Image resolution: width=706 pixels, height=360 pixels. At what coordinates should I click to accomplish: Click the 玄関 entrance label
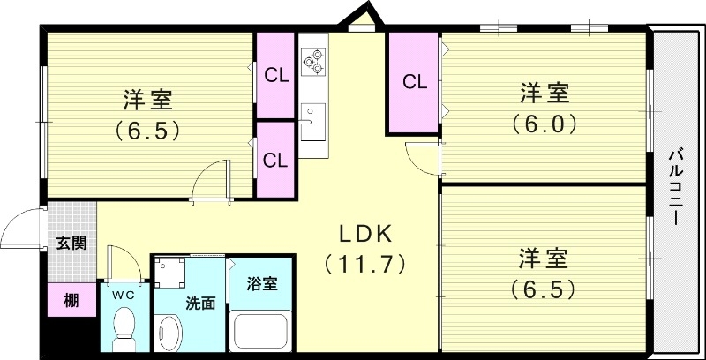(x=71, y=244)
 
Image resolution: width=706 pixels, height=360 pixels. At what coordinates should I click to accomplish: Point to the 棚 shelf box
(x=71, y=300)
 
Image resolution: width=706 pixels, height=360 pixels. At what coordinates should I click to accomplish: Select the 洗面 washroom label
(x=200, y=304)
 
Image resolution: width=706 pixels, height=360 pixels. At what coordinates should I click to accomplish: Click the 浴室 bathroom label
(x=261, y=284)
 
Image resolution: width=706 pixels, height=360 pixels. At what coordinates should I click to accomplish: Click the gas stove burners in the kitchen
(x=312, y=59)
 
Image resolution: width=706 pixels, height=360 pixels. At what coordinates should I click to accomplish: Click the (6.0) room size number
(x=544, y=124)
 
